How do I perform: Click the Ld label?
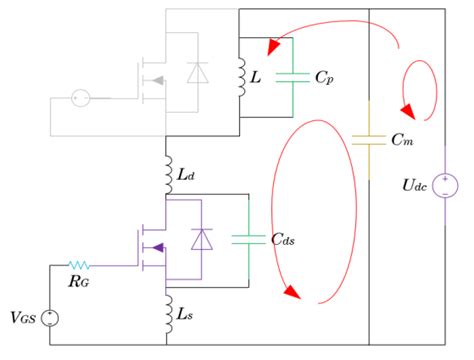[186, 176]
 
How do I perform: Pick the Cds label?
[283, 239]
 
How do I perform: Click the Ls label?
[186, 317]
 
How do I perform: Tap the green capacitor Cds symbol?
[245, 239]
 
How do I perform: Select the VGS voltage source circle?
[49, 319]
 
